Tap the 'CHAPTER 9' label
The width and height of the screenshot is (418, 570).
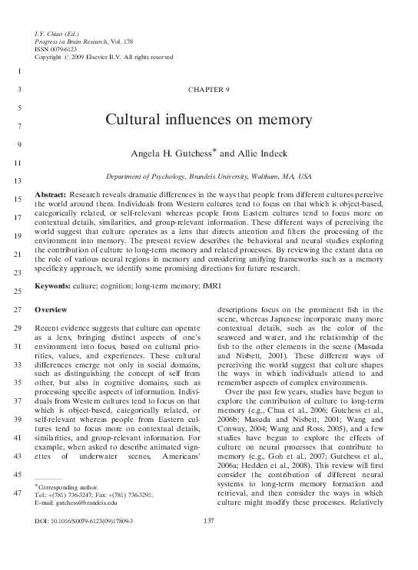coord(208,90)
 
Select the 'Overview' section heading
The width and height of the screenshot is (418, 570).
coord(51,309)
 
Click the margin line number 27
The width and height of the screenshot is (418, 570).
coord(16,310)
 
